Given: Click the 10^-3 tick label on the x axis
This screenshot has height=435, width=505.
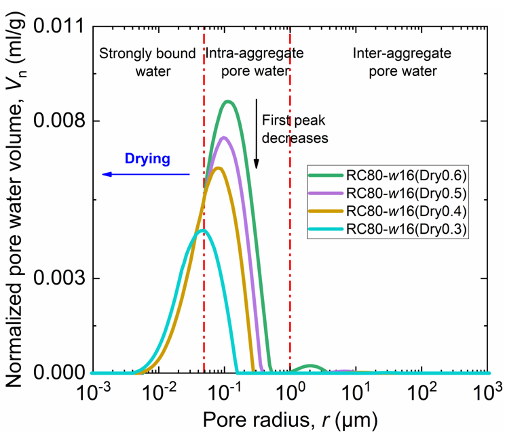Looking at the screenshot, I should coord(93,392).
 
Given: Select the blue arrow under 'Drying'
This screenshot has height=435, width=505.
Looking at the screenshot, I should coord(146,175).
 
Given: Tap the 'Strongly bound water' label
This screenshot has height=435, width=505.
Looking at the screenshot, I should coord(148,62).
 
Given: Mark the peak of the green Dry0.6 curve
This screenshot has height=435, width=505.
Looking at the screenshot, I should coord(228,102).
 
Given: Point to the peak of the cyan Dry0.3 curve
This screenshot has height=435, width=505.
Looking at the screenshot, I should coord(202,231).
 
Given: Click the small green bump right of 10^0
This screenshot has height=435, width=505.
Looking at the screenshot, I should coord(311,367).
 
